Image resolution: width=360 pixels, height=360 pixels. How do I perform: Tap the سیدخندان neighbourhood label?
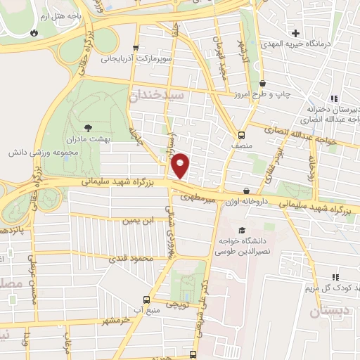tap(160, 95)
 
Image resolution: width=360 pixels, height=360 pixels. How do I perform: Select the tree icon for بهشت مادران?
tap(88, 127)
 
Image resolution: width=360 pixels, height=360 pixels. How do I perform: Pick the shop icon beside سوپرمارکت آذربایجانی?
tap(146, 49)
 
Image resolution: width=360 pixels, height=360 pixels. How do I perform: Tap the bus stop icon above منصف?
tap(242, 135)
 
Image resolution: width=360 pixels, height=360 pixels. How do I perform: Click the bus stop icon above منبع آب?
tap(146, 298)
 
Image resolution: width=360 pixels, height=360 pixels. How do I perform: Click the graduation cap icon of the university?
tap(242, 231)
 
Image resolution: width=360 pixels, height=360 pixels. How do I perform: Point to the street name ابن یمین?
tap(137, 221)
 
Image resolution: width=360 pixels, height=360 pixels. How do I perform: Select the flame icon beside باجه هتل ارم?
tap(34, 33)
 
